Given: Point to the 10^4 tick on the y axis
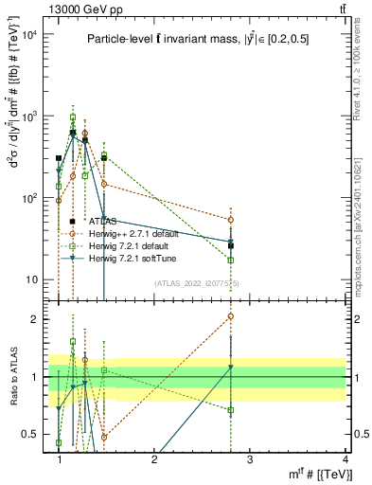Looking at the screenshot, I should tap(29, 35).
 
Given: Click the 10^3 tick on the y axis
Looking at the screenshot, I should tap(29, 117).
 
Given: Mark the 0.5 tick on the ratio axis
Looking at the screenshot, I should tap(29, 434).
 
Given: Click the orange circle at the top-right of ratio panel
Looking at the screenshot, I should tap(231, 316).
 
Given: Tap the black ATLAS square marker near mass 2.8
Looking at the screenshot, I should tap(231, 245).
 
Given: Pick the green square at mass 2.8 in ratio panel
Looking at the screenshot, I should tap(231, 410).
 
